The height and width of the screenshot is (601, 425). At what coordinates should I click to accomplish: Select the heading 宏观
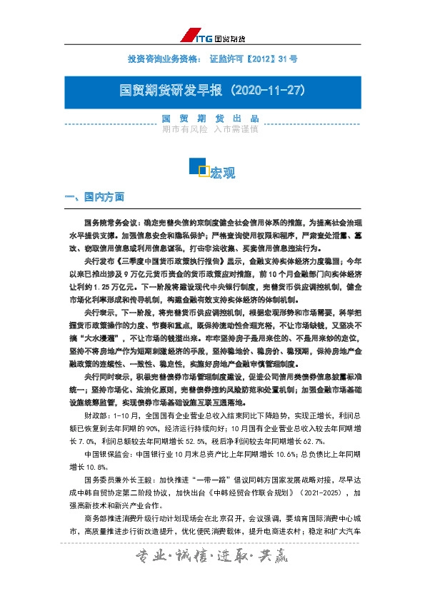[222, 173]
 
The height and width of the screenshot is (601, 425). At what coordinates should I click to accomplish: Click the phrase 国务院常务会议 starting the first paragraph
[109, 223]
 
